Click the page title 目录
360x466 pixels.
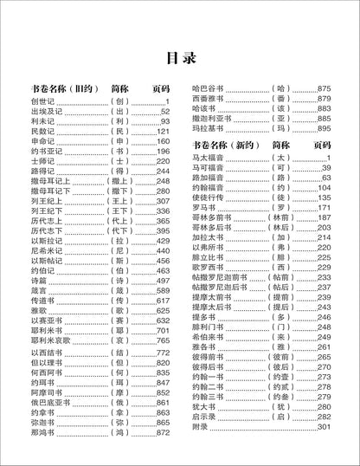tap(179, 58)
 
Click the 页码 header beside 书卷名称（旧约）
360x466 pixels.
tap(159, 89)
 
